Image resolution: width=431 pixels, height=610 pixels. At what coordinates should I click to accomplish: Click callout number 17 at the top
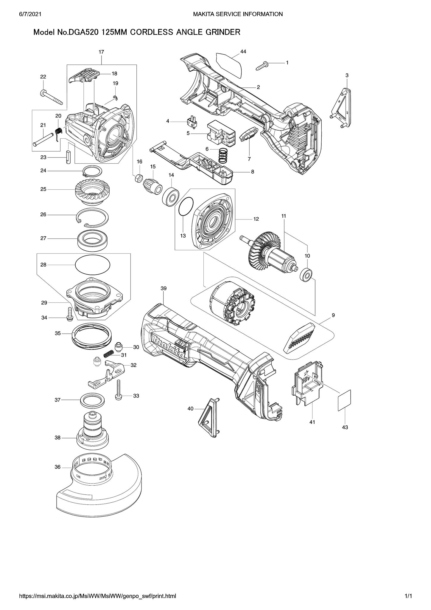point(101,52)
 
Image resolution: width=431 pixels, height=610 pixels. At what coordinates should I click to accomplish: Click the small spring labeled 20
point(59,131)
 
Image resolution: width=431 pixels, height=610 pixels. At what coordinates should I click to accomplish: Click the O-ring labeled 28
point(93,264)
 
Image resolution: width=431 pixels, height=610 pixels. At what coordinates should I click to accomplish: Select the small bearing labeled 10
point(306,274)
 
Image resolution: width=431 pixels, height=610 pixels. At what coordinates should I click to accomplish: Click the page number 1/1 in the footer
point(408,596)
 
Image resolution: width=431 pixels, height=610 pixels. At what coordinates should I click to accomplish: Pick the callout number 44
point(243,52)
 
